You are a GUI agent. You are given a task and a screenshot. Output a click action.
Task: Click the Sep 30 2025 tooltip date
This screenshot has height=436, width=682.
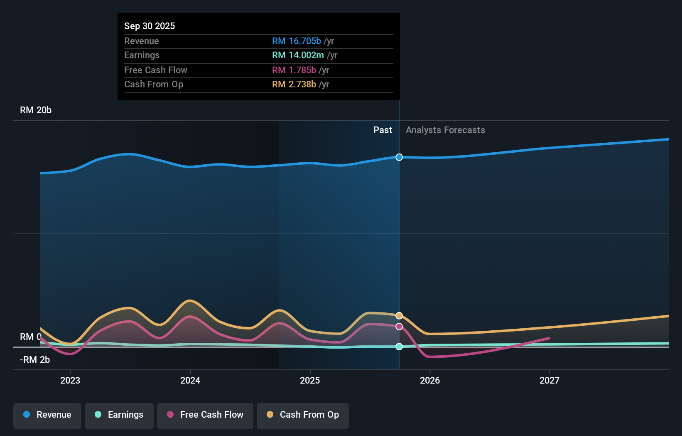(150, 26)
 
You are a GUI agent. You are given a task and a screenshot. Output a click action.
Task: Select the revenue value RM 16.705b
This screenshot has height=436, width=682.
(296, 41)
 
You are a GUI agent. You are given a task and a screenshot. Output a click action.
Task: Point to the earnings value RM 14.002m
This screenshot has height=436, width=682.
(298, 55)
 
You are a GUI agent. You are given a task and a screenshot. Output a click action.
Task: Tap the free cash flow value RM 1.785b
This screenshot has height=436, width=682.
(294, 70)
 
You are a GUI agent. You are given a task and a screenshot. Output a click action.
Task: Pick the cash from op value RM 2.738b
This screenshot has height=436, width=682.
(294, 84)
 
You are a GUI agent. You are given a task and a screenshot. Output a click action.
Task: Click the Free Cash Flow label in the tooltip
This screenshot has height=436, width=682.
(155, 70)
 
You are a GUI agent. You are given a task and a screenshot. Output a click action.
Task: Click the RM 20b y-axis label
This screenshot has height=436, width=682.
(36, 110)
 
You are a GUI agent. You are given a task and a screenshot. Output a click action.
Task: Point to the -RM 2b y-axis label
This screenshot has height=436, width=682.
(35, 359)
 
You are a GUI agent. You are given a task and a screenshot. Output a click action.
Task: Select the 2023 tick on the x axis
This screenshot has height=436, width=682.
(70, 380)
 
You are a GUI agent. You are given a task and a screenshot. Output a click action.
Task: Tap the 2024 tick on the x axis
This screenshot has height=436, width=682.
(190, 380)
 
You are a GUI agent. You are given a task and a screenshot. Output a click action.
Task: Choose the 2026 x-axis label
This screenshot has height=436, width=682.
(430, 380)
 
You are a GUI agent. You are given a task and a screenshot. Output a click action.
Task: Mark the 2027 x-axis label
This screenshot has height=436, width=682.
(550, 380)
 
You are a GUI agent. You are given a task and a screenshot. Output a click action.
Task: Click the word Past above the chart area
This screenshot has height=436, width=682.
(383, 130)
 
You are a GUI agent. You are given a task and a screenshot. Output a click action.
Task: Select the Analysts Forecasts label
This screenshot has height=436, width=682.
(445, 130)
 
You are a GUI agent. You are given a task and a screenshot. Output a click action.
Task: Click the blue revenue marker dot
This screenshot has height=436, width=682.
(399, 157)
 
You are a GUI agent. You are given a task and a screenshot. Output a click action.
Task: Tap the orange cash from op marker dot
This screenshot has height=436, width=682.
(399, 316)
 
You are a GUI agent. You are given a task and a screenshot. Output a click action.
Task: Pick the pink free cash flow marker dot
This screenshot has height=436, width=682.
(399, 327)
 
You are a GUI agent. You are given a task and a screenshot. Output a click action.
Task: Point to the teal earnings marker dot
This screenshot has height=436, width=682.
(399, 347)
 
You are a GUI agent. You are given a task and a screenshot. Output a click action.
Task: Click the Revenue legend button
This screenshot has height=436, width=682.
(47, 415)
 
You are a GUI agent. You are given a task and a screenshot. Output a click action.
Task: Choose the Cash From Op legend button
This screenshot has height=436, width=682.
(303, 415)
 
